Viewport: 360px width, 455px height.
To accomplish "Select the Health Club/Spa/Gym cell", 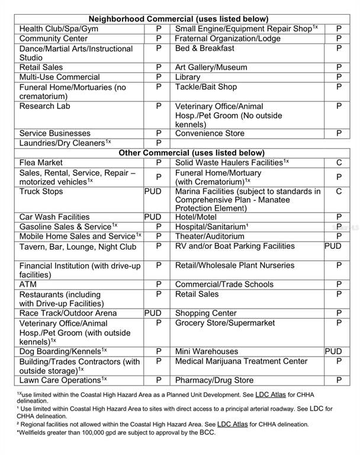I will pyautogui.click(x=59, y=28).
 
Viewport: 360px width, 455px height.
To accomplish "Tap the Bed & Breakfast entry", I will pyautogui.click(x=204, y=48).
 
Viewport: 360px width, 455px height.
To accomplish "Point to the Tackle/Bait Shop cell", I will pyautogui.click(x=205, y=86).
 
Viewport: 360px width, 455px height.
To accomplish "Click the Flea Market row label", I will pyautogui.click(x=41, y=162).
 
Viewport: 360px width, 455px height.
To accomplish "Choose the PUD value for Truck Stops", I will pyautogui.click(x=153, y=191).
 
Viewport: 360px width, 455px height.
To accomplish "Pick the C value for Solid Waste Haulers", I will pyautogui.click(x=339, y=162).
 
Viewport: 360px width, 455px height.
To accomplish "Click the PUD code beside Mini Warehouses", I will pyautogui.click(x=333, y=351).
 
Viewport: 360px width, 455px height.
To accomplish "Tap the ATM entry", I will pyautogui.click(x=28, y=284).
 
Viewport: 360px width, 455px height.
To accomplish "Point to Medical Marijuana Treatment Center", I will pyautogui.click(x=241, y=361).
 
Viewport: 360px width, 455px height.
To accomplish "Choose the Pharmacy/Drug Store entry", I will pyautogui.click(x=214, y=380).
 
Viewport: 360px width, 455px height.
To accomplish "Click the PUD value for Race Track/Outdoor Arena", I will pyautogui.click(x=153, y=313).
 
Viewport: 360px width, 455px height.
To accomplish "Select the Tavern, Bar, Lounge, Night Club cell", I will pyautogui.click(x=78, y=246).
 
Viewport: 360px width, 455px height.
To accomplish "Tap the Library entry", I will pyautogui.click(x=188, y=77).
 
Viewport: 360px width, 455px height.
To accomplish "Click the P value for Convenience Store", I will pyautogui.click(x=339, y=133).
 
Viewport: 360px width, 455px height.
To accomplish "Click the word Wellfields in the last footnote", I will pyautogui.click(x=31, y=433).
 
